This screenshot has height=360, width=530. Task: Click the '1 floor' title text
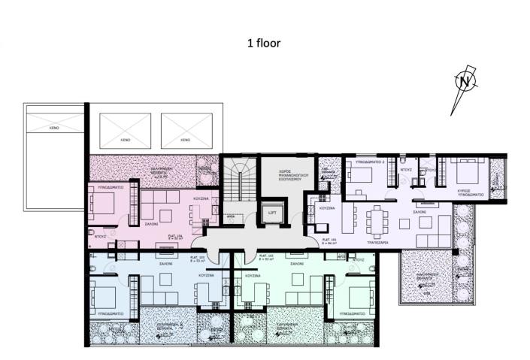coord(264,43)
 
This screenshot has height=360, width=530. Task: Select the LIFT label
coord(272,213)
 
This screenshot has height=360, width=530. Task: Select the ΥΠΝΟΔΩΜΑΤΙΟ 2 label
coord(366,162)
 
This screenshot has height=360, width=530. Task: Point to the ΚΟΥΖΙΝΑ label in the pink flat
coord(200,198)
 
